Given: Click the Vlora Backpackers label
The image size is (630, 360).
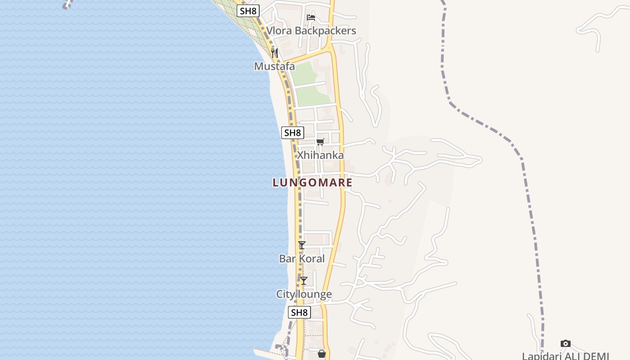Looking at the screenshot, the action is (311, 31).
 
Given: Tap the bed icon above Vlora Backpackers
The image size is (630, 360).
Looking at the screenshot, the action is (310, 18).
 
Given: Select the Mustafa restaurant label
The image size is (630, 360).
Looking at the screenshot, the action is (274, 67).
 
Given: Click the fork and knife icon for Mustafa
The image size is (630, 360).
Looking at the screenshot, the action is (274, 53).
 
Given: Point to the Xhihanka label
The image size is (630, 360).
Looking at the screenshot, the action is (320, 155).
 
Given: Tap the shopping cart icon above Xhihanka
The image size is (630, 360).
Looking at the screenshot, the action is (320, 142).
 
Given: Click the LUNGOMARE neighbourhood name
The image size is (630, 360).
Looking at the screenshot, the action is (312, 183).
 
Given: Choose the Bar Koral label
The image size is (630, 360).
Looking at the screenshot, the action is (301, 259).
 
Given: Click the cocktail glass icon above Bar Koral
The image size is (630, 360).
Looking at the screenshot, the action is (301, 245).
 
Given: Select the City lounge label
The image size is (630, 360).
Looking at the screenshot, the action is (304, 294).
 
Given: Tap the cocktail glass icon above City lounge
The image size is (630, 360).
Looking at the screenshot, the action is (304, 281).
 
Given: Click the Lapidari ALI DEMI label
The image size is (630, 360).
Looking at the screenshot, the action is (565, 356).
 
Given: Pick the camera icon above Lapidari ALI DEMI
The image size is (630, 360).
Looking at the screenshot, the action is (566, 344).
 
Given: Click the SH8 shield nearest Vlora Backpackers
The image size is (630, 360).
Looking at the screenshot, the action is (248, 11).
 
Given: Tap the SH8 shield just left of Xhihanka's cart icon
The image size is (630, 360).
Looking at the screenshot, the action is (292, 133).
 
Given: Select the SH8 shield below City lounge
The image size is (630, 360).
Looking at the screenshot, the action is (299, 312).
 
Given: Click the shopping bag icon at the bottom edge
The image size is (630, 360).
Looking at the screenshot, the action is (322, 354).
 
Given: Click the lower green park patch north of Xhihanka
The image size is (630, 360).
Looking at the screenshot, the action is (312, 95).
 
